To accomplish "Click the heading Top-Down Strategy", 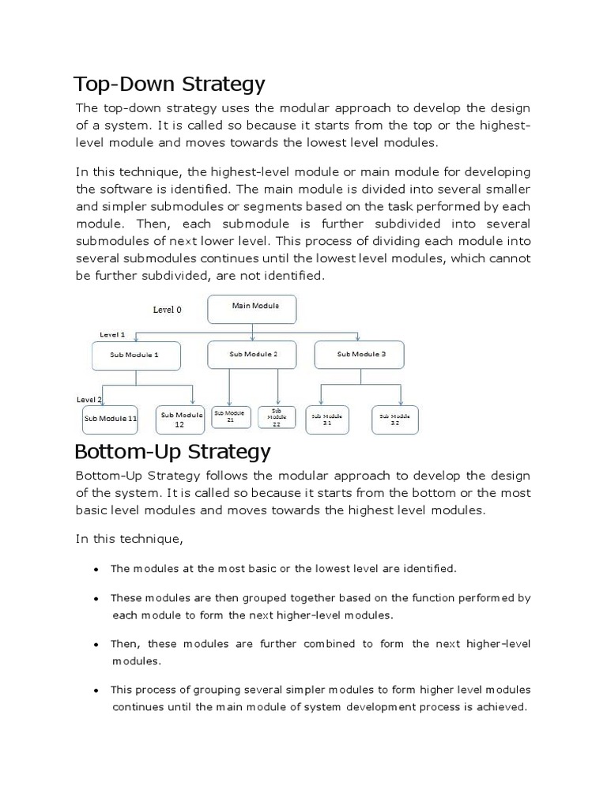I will click(x=169, y=84).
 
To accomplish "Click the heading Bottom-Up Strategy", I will click(x=172, y=452).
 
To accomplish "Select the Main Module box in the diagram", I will click(x=252, y=309).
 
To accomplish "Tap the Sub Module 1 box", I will click(x=136, y=356).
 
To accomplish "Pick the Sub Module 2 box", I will click(x=253, y=355).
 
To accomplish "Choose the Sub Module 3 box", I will click(x=360, y=355).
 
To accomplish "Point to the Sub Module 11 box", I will click(x=110, y=419).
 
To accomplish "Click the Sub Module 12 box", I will click(x=181, y=420).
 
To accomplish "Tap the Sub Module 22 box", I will click(x=277, y=419).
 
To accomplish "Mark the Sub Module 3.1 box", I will click(x=328, y=420).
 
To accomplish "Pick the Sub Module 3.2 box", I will click(x=395, y=420).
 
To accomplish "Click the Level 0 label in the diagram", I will click(x=167, y=310).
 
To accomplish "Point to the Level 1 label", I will click(x=112, y=335).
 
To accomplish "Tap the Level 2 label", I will click(x=89, y=400).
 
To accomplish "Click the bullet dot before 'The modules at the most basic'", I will click(x=96, y=569).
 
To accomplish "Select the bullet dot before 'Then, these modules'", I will click(x=96, y=645).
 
